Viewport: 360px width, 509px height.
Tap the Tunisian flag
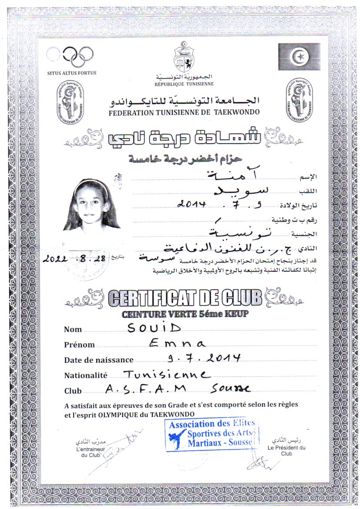[x=299, y=57]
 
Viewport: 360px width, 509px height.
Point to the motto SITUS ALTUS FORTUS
[x=72, y=73]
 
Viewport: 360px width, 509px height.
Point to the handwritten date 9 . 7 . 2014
[x=204, y=358]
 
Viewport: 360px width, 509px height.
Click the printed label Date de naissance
[x=99, y=360]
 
